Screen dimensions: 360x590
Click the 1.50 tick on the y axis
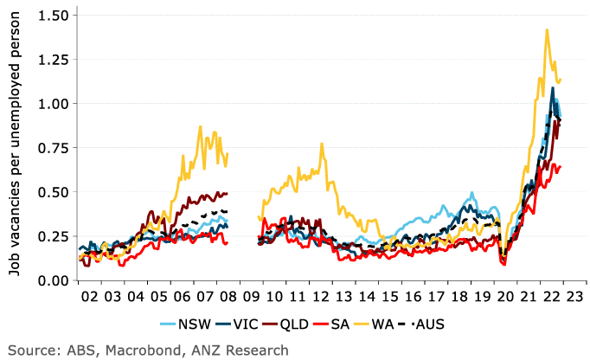[52, 16]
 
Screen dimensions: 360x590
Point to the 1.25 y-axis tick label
[52, 60]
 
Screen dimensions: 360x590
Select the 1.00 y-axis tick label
[52, 104]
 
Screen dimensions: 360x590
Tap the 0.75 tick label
[52, 148]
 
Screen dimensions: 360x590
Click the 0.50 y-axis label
[52, 192]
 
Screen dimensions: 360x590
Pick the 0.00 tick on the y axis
[52, 280]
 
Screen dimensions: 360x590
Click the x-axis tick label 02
[89, 297]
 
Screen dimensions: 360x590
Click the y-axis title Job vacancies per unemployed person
[16, 149]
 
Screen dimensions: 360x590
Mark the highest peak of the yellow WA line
[547, 29]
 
